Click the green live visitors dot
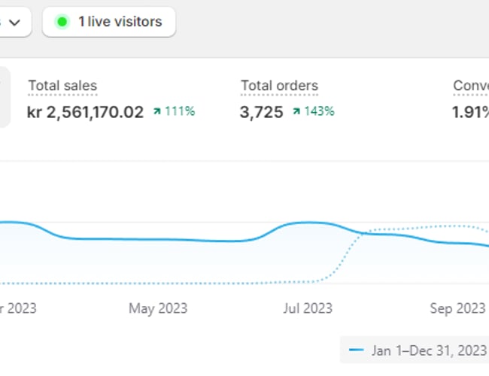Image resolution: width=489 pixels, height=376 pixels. pos(62,22)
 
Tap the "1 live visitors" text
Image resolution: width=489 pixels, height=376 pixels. pos(120,22)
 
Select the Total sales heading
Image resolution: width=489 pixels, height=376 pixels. pos(62,86)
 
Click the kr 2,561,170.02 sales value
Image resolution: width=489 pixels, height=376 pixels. pos(85,112)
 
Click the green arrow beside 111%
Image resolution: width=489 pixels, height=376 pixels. pos(156,112)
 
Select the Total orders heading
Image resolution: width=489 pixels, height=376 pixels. pos(279,86)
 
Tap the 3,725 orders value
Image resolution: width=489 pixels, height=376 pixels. pos(262,112)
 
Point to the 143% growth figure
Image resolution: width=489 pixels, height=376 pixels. pos(320,112)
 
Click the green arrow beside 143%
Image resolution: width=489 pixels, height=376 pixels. pos(296,112)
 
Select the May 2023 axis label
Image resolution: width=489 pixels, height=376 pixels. pos(158,308)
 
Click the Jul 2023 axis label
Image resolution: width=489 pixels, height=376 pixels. pos(306,308)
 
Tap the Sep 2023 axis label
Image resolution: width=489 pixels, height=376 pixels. pos(457,308)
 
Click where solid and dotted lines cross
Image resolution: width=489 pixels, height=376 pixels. pos(364,233)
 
